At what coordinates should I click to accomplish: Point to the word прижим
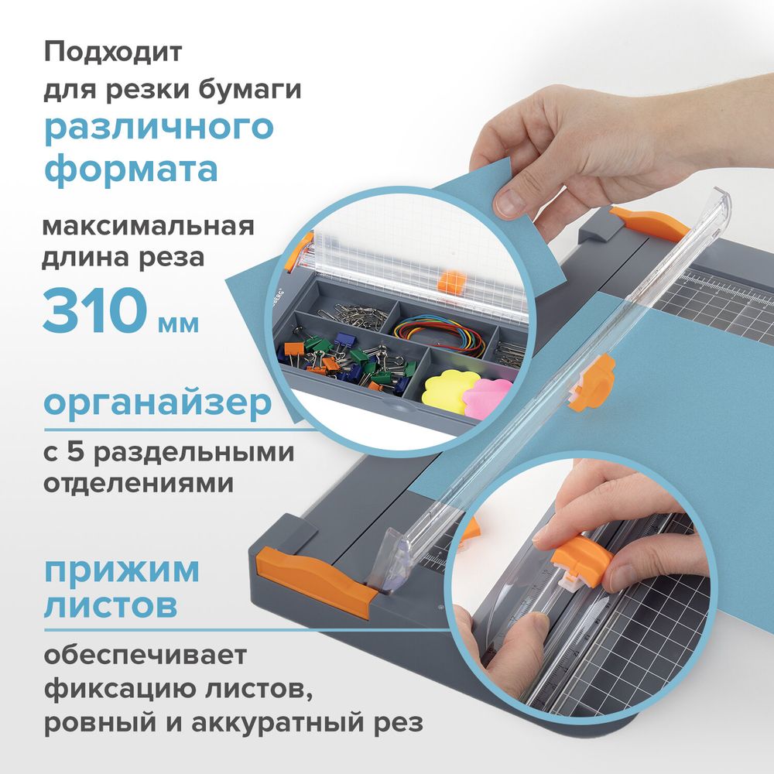click(x=122, y=570)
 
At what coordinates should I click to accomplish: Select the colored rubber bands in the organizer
click(x=440, y=337)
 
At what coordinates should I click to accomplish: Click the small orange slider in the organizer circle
click(x=449, y=279)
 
